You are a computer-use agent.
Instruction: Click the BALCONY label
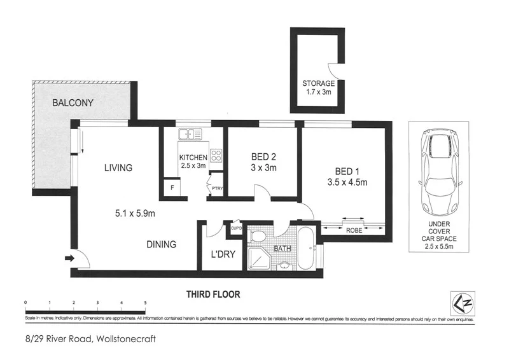pyautogui.click(x=73, y=102)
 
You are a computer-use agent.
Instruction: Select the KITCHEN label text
pyautogui.click(x=193, y=157)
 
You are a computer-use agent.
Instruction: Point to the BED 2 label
pyautogui.click(x=262, y=157)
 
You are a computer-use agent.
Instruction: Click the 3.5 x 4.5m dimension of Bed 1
pyautogui.click(x=347, y=183)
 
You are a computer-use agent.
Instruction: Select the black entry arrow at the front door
pyautogui.click(x=69, y=258)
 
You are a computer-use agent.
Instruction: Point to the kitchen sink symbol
pyautogui.click(x=190, y=134)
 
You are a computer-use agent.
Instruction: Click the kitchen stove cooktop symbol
pyautogui.click(x=215, y=154)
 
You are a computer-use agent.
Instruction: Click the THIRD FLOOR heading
pyautogui.click(x=213, y=294)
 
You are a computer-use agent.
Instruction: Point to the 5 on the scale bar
pyautogui.click(x=146, y=302)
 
